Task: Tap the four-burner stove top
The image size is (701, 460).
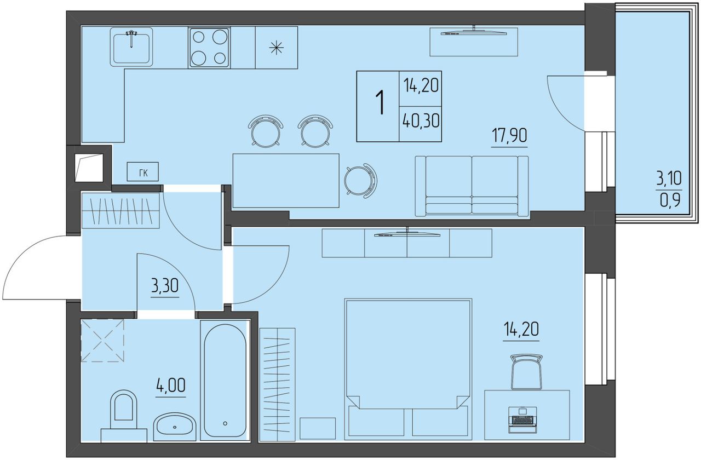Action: point(209,48)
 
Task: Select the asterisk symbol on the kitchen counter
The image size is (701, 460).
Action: point(277,48)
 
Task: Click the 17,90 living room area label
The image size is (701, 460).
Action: point(509,136)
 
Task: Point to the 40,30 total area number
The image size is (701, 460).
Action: point(421,121)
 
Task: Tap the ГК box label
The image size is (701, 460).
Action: point(143,173)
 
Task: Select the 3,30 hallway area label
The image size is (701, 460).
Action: point(165,286)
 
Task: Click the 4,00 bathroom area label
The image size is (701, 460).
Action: point(171,385)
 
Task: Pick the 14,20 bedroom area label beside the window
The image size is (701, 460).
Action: point(521,329)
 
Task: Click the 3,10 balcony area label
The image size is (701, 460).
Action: point(669,179)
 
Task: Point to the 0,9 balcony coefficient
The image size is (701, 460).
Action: point(670,200)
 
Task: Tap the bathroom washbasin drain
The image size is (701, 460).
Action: point(175,427)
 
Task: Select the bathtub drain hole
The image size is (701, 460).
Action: point(225,424)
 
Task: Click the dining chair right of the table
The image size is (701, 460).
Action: point(360,181)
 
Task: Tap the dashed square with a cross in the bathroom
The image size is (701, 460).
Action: point(102,341)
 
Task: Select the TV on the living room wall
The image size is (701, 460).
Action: point(474,32)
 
